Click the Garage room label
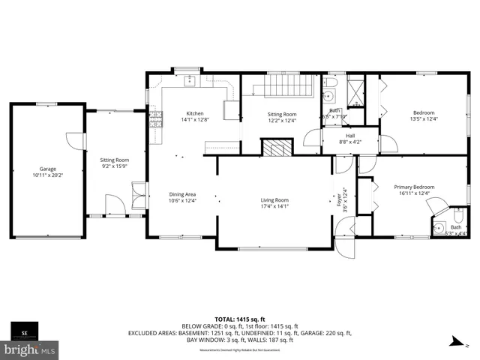[x=47, y=169]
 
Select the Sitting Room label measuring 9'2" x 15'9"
[x=115, y=160]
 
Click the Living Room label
[x=274, y=200]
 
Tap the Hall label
[x=350, y=136]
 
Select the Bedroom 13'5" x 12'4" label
[x=423, y=112]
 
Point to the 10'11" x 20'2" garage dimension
[x=47, y=175]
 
